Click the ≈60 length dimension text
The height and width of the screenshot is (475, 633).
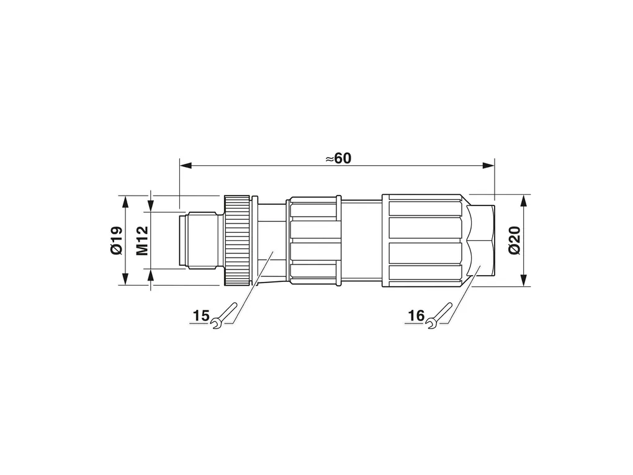point(338,158)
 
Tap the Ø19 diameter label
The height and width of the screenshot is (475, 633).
point(116,240)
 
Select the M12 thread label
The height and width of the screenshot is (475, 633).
point(142,240)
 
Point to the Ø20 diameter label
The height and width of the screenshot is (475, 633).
point(514,240)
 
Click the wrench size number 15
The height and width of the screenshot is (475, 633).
point(200,315)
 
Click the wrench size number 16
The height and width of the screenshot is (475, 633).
point(416,315)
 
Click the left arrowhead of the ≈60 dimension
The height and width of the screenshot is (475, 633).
point(186,165)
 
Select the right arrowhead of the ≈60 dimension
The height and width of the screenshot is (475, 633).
point(489,165)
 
